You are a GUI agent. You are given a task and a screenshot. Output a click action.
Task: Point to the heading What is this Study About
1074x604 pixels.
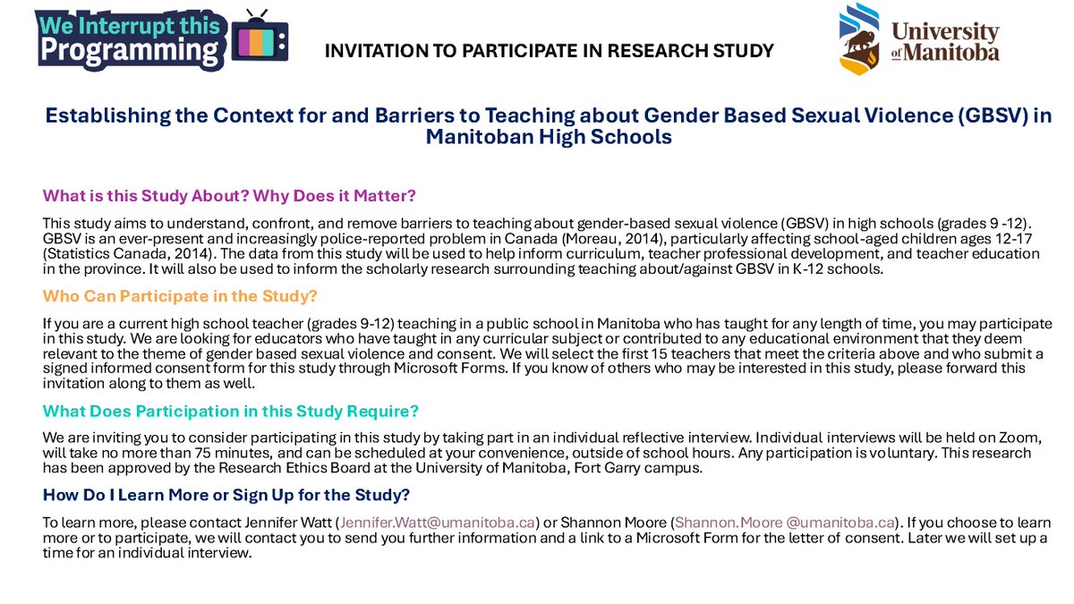point(229,195)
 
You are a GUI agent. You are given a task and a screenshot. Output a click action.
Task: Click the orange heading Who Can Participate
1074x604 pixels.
point(180,296)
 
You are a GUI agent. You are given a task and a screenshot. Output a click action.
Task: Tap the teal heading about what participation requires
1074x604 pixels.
point(231,411)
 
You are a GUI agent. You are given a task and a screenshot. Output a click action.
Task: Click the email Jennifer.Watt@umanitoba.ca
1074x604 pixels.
point(437,522)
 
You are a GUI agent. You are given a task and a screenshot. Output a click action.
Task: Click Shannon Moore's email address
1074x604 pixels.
point(785,522)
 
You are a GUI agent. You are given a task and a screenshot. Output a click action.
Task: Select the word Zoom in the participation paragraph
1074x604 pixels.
point(1026,438)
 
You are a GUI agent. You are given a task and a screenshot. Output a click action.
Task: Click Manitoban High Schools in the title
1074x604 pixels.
point(549,138)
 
